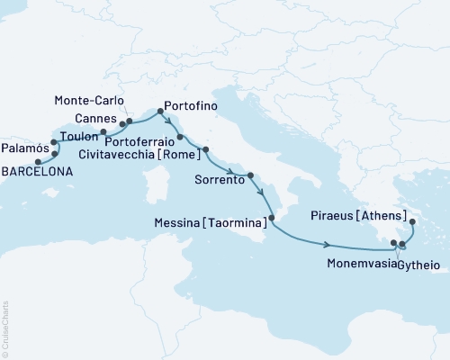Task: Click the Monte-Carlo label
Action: (x=87, y=100)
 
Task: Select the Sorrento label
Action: (x=220, y=180)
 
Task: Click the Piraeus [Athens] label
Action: (x=358, y=216)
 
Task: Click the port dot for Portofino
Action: (x=160, y=112)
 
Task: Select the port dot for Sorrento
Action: (x=251, y=175)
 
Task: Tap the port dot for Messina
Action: (x=272, y=218)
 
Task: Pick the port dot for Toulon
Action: (x=103, y=132)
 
